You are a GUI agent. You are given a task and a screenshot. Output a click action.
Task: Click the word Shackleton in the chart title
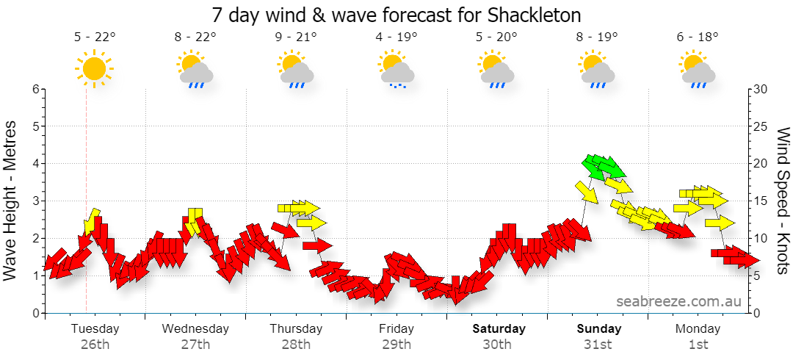pos(534,15)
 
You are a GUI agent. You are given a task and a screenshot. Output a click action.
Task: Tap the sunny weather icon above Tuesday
pos(94,68)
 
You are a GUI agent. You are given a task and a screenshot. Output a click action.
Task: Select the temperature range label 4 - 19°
pos(397,37)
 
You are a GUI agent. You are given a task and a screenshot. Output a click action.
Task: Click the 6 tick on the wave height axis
pos(36,89)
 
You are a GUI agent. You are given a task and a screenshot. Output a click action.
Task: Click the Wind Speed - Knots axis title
pos(783,201)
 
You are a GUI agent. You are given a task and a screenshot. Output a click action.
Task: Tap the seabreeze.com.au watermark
pos(678,302)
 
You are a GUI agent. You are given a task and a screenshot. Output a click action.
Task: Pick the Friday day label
pos(396,329)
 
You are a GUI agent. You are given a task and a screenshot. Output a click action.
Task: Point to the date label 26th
pos(95,345)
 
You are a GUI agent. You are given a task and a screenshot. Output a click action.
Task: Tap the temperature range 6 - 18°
pos(698,37)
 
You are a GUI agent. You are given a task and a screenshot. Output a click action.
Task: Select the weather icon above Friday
pos(397,69)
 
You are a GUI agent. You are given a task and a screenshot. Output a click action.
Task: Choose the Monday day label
pos(698,329)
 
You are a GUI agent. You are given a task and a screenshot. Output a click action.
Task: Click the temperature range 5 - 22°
pos(95,37)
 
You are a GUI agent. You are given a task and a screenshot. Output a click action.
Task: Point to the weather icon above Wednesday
pos(195,69)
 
